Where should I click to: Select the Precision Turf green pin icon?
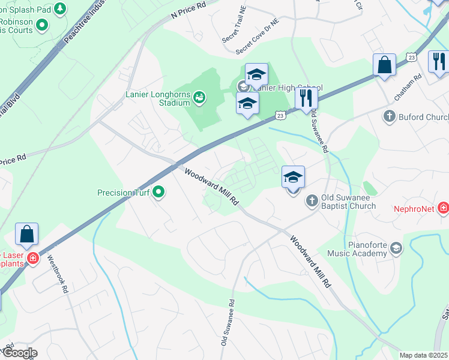point(158,193)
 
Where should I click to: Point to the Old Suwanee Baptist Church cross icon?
point(312,200)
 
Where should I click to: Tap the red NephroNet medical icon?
point(444,208)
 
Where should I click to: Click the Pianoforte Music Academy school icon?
point(396,248)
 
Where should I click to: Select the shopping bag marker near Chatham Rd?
point(384,65)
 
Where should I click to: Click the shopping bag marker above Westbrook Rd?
point(27,233)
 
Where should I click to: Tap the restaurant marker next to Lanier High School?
point(306,98)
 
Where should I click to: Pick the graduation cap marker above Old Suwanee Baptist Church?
point(293,178)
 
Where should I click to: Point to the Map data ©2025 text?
point(424,355)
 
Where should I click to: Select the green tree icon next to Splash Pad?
point(59,9)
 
